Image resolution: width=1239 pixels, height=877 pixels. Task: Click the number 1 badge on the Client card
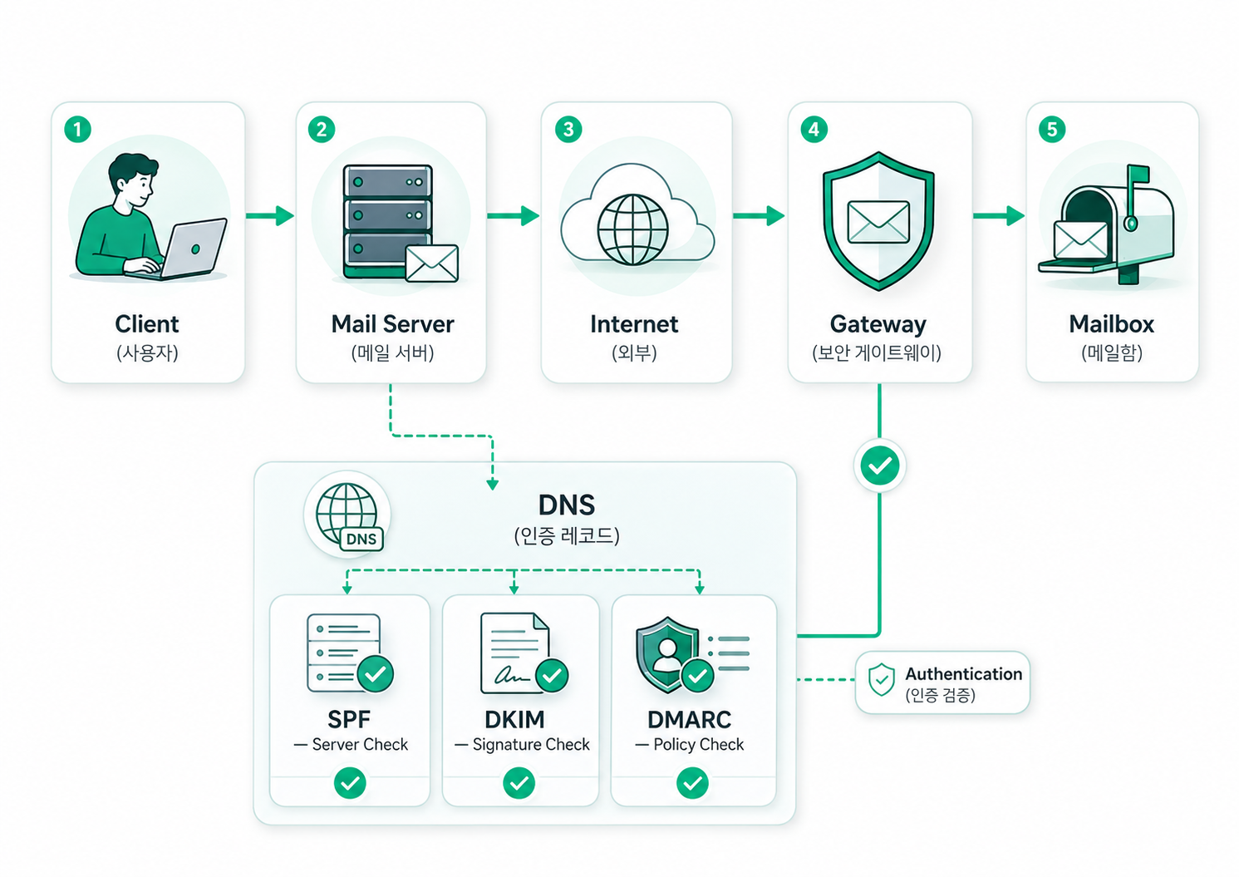(77, 130)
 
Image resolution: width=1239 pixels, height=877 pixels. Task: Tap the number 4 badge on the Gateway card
(814, 130)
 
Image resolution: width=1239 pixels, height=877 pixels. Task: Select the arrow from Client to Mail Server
(270, 215)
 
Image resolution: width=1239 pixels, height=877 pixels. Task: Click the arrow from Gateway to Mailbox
(998, 215)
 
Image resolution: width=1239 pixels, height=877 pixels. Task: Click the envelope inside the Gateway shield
(878, 222)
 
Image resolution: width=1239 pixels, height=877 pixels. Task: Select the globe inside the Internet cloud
(632, 229)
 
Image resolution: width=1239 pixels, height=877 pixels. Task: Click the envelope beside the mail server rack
(432, 264)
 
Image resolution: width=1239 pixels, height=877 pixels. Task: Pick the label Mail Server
(392, 324)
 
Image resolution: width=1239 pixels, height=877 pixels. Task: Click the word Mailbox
(1111, 324)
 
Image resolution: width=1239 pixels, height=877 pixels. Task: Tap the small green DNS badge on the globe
(361, 539)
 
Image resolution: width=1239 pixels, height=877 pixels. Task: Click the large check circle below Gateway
(879, 466)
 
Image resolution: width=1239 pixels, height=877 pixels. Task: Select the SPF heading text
(349, 719)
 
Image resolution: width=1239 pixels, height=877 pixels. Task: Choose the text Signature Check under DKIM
(531, 744)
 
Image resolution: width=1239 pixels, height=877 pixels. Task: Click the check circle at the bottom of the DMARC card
(692, 783)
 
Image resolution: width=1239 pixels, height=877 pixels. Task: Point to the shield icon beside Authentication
(882, 679)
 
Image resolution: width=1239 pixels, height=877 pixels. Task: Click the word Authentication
(964, 674)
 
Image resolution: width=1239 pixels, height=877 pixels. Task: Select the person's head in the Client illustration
(133, 180)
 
